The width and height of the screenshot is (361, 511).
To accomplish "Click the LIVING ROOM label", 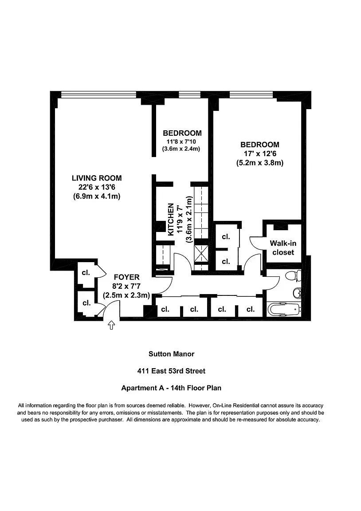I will click(97, 178).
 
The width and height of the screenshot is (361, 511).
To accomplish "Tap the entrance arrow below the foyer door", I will click(111, 326).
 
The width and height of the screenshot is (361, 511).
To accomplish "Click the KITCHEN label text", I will click(170, 219).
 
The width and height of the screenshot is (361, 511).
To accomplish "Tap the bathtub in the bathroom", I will click(284, 308).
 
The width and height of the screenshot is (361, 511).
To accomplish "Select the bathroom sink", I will click(298, 293).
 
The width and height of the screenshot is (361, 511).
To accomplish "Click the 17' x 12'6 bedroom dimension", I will click(259, 154).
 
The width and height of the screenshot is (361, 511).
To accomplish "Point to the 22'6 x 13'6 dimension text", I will click(97, 187).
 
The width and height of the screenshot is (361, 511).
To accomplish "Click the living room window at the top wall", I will click(98, 94).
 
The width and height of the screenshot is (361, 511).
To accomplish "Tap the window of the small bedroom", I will click(186, 94).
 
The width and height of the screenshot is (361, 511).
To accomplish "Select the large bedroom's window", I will click(251, 94).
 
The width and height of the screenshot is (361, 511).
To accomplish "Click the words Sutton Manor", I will click(171, 354).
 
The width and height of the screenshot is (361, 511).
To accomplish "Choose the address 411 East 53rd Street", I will click(171, 371).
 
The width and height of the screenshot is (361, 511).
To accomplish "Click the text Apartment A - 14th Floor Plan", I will click(171, 388).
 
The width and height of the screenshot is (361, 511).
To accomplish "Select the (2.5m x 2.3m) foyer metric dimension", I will click(126, 295).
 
